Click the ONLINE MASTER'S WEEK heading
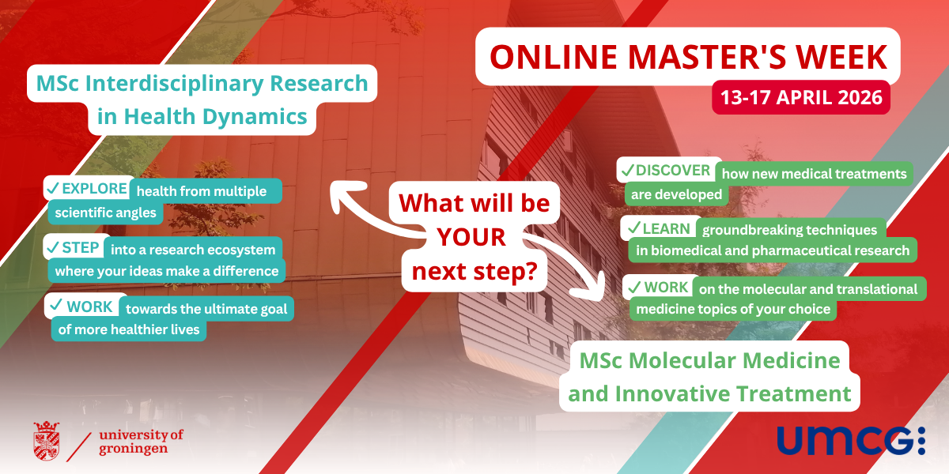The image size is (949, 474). [x=688, y=57]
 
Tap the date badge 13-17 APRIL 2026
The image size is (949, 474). [x=801, y=97]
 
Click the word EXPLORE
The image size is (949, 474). [x=94, y=188]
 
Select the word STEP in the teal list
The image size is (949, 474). [x=80, y=247]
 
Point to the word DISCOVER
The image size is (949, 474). [x=673, y=170]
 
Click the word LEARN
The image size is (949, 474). [x=667, y=228]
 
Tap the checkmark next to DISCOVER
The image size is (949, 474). [x=627, y=170]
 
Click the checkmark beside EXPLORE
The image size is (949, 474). [x=53, y=188]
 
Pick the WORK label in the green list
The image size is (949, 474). [x=666, y=287]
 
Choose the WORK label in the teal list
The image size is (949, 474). [x=89, y=307]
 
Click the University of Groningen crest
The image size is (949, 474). [x=46, y=441]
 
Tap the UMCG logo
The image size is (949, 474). [x=851, y=441]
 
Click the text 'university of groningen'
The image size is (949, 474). [x=141, y=442]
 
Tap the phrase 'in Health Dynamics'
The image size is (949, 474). [x=202, y=116]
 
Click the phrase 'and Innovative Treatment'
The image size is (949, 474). [x=709, y=393]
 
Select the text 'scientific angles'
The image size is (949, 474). [x=105, y=213]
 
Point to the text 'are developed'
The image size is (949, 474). [x=676, y=194]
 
